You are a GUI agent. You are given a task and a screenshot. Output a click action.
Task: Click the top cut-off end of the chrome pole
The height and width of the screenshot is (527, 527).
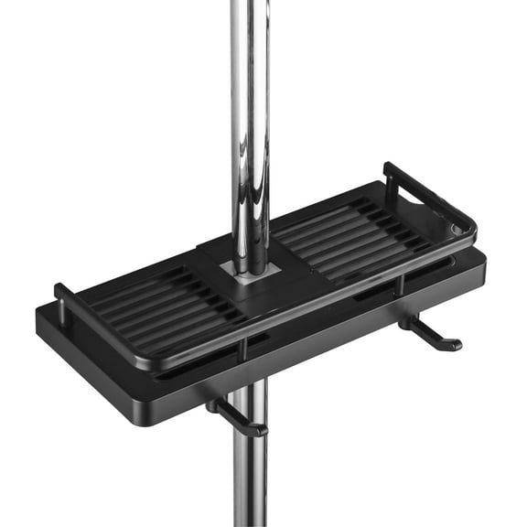coord(249,4)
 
